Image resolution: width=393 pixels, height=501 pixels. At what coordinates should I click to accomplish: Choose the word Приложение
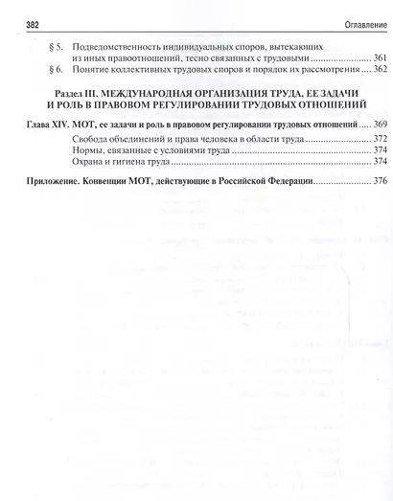58,180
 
